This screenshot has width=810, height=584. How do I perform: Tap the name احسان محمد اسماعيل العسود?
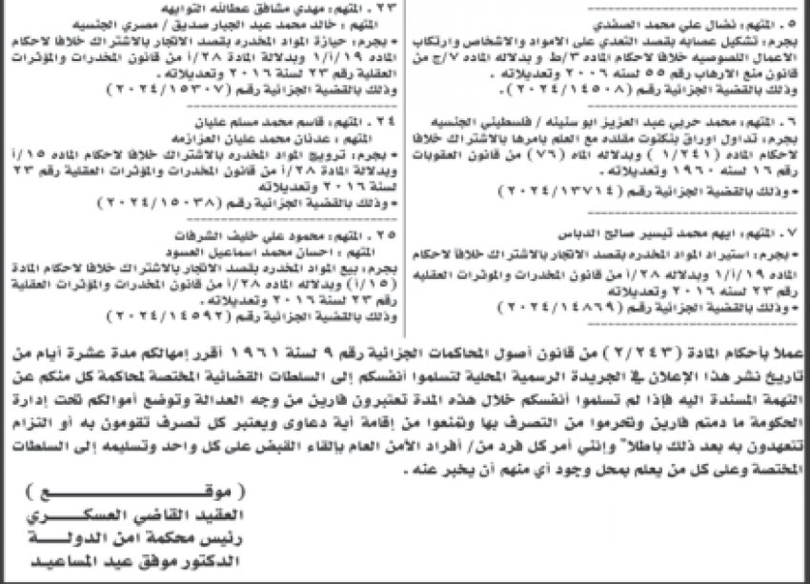(x=285, y=246)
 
